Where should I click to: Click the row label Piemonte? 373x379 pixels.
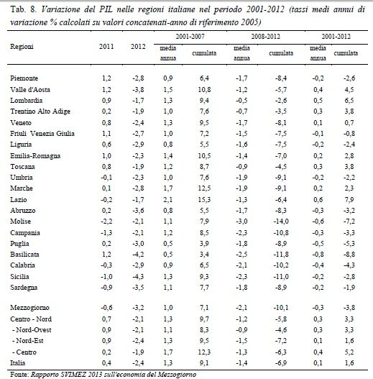[x=24, y=78]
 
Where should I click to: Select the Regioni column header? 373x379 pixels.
[x=22, y=47]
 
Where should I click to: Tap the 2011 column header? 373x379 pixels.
[x=106, y=47]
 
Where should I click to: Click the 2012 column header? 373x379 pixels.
[x=138, y=47]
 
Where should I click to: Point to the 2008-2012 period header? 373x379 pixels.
[x=265, y=37]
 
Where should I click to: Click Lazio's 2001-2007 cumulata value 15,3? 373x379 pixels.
[x=204, y=200]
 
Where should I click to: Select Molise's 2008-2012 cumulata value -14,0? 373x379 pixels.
[x=281, y=222]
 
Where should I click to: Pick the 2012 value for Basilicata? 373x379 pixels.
[x=138, y=255]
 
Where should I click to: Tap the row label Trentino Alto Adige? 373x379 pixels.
[x=40, y=111]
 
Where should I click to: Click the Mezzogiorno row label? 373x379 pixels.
[x=29, y=308]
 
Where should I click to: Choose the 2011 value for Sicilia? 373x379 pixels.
[x=106, y=277]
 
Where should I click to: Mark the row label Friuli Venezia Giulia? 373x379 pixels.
[x=42, y=134]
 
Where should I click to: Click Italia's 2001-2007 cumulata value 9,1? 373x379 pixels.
[x=204, y=363]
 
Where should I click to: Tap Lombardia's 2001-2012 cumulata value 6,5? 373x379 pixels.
[x=349, y=101]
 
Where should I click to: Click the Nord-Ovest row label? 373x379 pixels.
[x=32, y=330]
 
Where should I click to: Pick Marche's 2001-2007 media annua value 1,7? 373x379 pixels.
[x=168, y=188]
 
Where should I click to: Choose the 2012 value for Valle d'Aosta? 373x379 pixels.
[x=138, y=90]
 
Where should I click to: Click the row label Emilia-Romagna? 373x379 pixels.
[x=35, y=156]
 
